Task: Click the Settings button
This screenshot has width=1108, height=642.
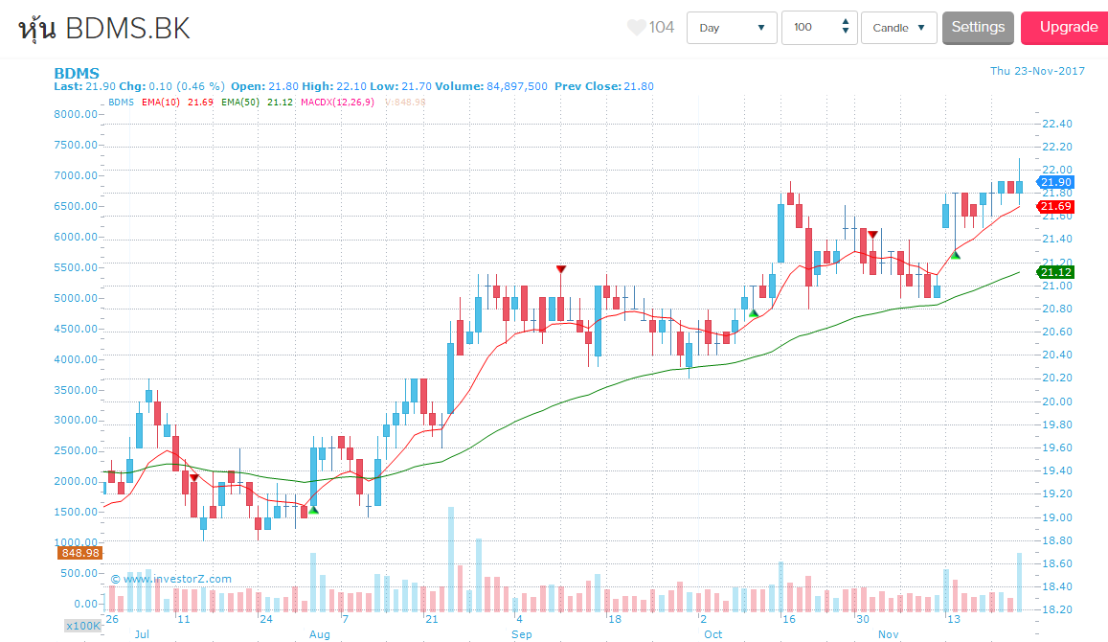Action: pos(978,28)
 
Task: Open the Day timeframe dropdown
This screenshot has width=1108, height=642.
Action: pos(732,28)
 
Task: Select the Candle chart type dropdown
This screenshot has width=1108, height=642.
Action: pos(898,28)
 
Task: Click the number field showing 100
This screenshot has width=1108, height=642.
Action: pos(809,28)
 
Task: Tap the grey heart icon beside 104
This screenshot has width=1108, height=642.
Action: pos(637,28)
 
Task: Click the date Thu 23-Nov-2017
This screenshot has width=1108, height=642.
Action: pos(1037,71)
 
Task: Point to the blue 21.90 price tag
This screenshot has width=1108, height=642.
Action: pos(1055,182)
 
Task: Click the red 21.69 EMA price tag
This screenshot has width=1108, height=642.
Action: pos(1055,207)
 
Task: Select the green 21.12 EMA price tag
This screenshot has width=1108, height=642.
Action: pos(1055,273)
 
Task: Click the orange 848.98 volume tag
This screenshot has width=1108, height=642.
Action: pos(80,553)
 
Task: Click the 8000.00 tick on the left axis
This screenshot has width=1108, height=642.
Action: pos(76,114)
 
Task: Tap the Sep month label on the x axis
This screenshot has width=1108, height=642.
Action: pos(522,634)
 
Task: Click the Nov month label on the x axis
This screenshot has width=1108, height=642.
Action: pos(889,634)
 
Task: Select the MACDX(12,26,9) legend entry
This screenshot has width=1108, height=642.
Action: pos(339,102)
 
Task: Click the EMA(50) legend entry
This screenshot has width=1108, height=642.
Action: pos(243,102)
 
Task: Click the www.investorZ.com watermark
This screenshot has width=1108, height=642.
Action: pos(170,579)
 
